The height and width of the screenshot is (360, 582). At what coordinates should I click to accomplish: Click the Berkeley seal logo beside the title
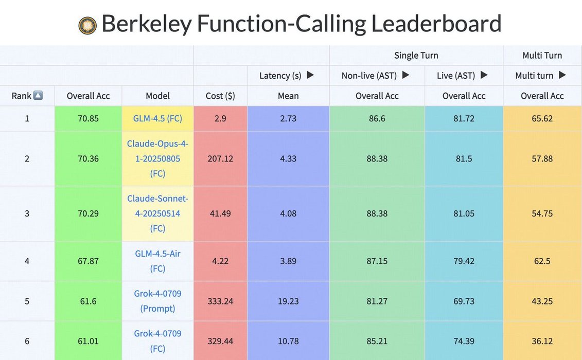click(x=87, y=25)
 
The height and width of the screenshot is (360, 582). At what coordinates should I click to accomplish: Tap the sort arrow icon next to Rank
click(x=38, y=96)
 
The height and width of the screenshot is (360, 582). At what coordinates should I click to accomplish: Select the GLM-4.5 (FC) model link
click(x=157, y=118)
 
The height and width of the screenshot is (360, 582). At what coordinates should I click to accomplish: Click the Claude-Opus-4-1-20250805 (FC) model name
click(x=157, y=158)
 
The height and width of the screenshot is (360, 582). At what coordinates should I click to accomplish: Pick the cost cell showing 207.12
click(x=220, y=158)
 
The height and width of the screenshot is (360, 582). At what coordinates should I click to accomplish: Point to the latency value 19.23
click(x=288, y=301)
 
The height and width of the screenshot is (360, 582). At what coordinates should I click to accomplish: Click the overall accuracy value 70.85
click(x=88, y=118)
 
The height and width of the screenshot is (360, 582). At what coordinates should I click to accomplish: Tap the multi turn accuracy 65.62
click(x=542, y=118)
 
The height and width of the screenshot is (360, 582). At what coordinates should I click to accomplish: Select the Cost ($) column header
click(x=220, y=96)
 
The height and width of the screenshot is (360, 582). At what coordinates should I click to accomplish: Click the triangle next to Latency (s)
click(x=310, y=75)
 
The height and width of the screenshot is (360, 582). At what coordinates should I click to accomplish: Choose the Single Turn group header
click(x=416, y=55)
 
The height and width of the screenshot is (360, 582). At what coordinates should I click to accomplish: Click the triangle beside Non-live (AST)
click(x=405, y=75)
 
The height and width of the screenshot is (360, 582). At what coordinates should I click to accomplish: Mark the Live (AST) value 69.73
click(x=464, y=301)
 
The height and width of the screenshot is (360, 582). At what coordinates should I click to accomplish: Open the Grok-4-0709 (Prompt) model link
click(x=157, y=301)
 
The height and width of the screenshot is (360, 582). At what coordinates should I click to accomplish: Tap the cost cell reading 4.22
click(x=220, y=261)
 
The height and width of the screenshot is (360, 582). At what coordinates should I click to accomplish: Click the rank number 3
click(x=27, y=213)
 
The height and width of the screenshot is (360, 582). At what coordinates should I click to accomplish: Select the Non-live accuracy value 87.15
click(x=377, y=261)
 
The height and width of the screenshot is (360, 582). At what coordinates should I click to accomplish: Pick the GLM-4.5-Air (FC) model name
click(x=157, y=261)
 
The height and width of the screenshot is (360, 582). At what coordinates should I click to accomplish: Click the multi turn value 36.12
click(x=542, y=340)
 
